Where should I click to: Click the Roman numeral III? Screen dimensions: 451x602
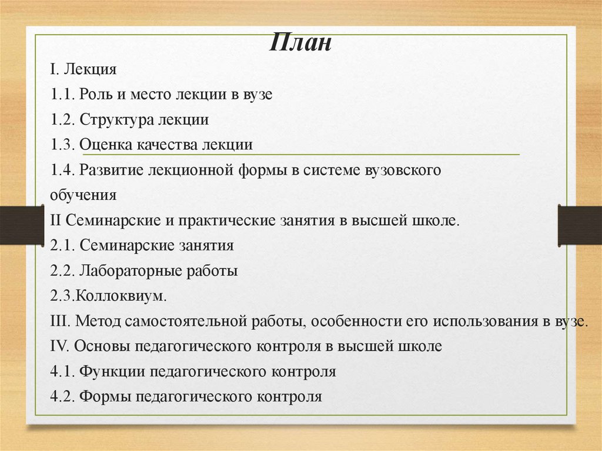coord(61,322)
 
